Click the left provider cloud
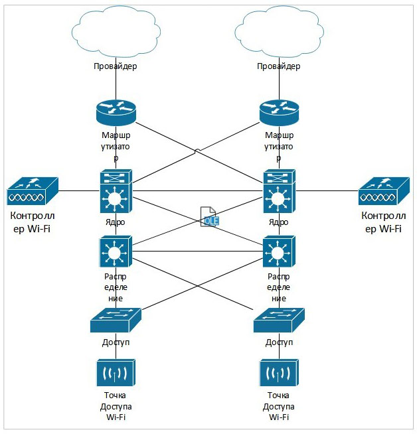116,31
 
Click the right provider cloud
278,31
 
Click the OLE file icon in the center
210,216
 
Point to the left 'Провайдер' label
116,66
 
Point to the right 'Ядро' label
279,222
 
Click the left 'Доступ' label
116,342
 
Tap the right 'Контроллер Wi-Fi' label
383,222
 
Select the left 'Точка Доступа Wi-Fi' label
116,406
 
